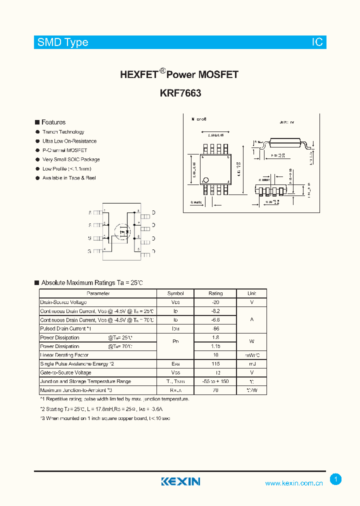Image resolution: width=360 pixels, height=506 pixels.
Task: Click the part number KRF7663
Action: pyautogui.click(x=180, y=93)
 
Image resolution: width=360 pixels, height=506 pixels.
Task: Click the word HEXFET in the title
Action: pyautogui.click(x=139, y=74)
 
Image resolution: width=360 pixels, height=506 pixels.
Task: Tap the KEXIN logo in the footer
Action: pyautogui.click(x=180, y=481)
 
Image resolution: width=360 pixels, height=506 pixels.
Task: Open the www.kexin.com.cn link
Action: pyautogui.click(x=294, y=483)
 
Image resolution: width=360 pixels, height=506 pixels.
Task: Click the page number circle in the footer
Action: pyautogui.click(x=336, y=479)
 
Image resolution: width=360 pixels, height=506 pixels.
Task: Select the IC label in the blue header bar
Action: pyautogui.click(x=317, y=42)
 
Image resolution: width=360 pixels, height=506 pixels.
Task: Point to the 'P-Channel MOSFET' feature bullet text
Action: pyautogui.click(x=64, y=150)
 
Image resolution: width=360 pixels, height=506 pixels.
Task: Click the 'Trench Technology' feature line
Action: pyautogui.click(x=63, y=132)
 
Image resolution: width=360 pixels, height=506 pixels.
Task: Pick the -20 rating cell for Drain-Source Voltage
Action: pyautogui.click(x=215, y=302)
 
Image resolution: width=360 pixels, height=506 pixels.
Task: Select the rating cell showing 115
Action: pyautogui.click(x=215, y=364)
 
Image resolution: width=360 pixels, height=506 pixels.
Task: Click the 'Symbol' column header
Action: pyautogui.click(x=175, y=293)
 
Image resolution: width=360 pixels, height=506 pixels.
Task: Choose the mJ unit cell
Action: pyautogui.click(x=251, y=364)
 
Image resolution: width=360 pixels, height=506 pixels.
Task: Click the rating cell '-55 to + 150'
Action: pyautogui.click(x=215, y=381)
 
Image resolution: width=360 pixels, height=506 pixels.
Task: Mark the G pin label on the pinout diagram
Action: pyautogui.click(x=89, y=251)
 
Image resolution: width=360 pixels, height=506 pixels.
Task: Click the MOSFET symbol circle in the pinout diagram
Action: pyautogui.click(x=123, y=232)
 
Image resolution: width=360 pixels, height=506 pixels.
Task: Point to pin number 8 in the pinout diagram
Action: pyautogui.click(x=138, y=211)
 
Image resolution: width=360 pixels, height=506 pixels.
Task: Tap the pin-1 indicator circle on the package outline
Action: pyautogui.click(x=205, y=180)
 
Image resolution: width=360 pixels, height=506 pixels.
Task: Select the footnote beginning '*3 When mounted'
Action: pyautogui.click(x=105, y=418)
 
